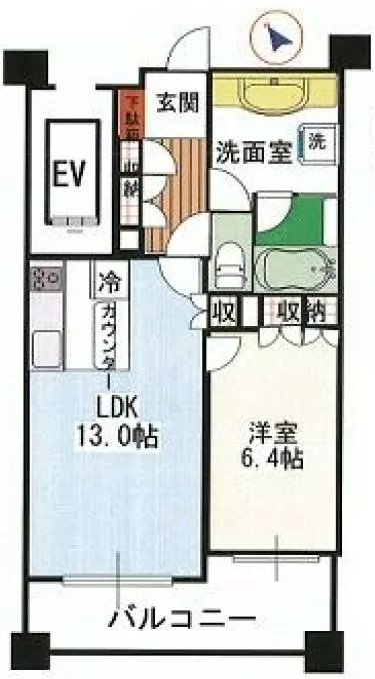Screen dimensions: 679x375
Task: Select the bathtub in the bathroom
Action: [x=294, y=270]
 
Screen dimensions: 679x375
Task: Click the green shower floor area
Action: [x=299, y=222]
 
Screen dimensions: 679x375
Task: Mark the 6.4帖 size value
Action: [x=271, y=462]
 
